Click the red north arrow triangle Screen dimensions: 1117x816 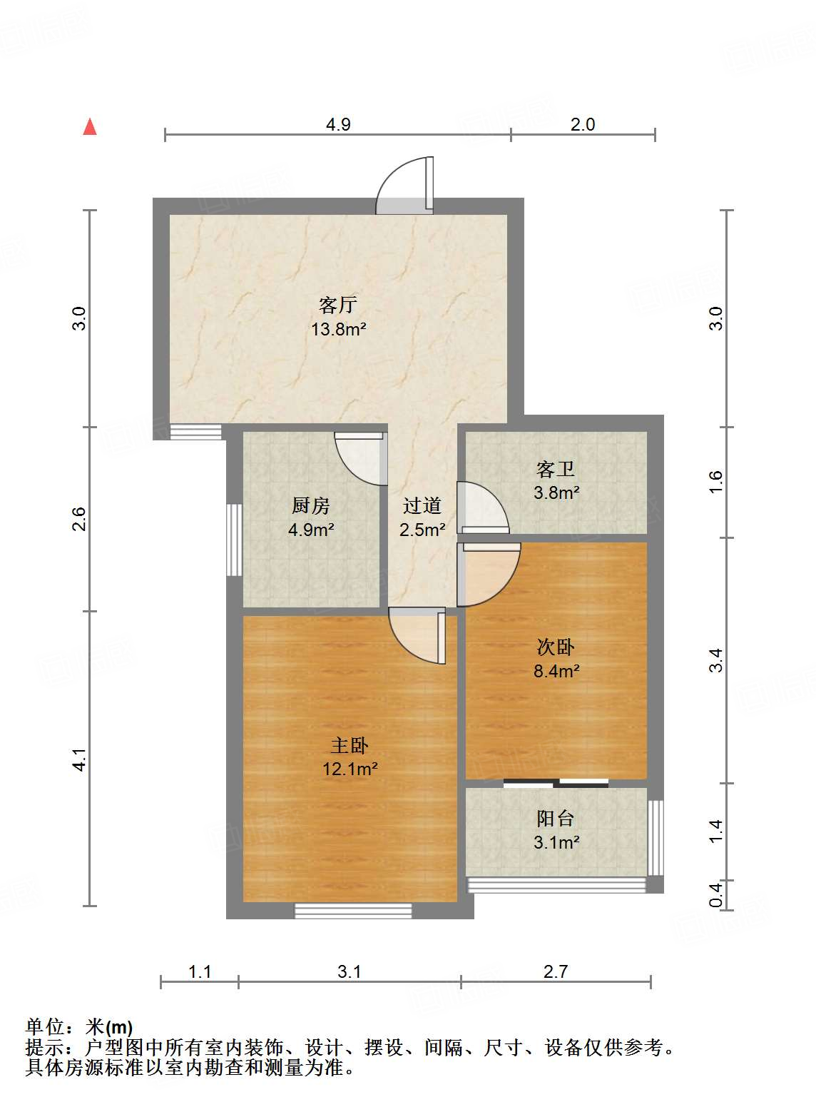[90, 127]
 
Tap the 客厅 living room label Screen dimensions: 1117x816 [337, 305]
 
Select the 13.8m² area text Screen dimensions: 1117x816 [338, 329]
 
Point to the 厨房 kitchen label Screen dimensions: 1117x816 [311, 505]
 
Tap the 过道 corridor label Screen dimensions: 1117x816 [422, 505]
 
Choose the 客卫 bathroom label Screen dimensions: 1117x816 [556, 469]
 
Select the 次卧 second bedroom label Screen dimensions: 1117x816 [556, 647]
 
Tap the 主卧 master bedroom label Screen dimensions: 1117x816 [350, 745]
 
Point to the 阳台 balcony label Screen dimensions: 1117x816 [556, 818]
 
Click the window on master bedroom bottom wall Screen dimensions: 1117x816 [353, 911]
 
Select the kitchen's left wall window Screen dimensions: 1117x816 [234, 540]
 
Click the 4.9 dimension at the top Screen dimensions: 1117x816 [338, 124]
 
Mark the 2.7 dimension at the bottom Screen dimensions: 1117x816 [556, 971]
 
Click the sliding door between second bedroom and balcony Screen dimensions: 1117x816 [556, 783]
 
